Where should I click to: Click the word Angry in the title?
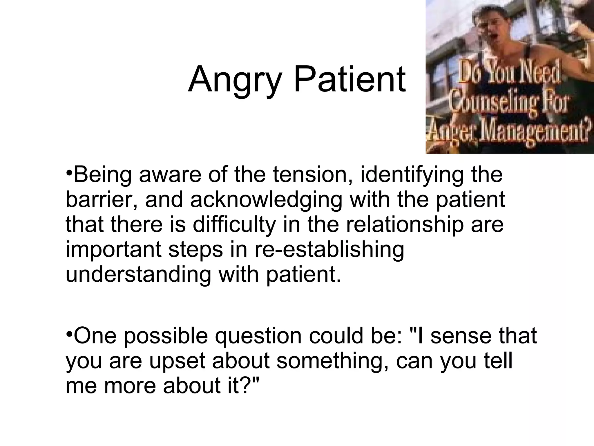(x=235, y=80)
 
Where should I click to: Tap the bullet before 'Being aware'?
(x=69, y=173)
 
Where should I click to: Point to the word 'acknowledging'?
(x=266, y=200)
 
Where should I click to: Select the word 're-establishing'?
(x=329, y=249)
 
